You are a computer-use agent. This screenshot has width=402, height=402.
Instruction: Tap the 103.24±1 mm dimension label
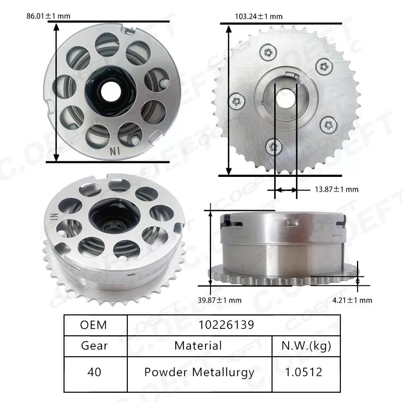258,16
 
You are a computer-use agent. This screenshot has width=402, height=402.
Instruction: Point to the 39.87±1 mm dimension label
220,300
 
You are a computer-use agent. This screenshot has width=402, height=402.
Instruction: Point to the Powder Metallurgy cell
199,372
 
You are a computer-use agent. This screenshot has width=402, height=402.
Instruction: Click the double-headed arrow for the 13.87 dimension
285,189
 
